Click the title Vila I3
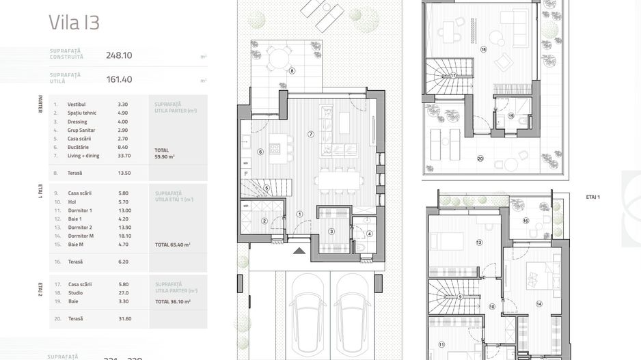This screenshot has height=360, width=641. pos(74,23)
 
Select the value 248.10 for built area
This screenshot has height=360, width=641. pos(119,56)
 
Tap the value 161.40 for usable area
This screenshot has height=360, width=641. pos(119,79)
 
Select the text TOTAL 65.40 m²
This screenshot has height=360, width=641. pos(172,245)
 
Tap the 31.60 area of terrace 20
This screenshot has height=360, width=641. pos(124,318)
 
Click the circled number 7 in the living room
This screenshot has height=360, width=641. pos(310,134)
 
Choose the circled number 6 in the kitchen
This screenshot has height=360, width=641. pos(260,152)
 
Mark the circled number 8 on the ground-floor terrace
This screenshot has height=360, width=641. pos(292,70)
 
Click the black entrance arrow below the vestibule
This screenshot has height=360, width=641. pos(299,251)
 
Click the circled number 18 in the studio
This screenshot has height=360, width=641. pos(483,50)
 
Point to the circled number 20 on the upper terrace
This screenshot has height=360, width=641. pos(480,158)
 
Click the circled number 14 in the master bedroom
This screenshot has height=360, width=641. pos(538,304)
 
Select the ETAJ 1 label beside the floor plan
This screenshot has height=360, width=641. pos(593,197)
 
